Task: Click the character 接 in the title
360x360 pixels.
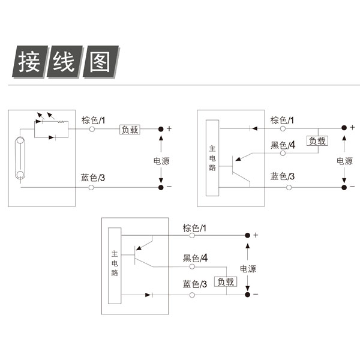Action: tap(29, 62)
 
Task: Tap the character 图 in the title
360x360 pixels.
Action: tap(100, 62)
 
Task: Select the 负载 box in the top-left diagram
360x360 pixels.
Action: tap(130, 130)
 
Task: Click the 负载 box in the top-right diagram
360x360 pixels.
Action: tap(317, 141)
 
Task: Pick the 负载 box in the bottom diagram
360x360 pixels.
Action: tap(226, 281)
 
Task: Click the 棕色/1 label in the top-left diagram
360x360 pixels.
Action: tap(93, 121)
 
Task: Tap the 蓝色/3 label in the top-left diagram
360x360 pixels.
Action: tap(93, 178)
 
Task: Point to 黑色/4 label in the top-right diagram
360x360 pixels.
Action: tap(283, 145)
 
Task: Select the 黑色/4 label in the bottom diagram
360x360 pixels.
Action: tap(195, 258)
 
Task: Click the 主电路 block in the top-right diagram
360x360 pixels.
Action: tap(212, 158)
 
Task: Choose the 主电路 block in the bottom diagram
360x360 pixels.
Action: tap(115, 266)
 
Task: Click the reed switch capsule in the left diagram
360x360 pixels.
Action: tap(20, 158)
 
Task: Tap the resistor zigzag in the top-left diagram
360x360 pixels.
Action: tap(61, 122)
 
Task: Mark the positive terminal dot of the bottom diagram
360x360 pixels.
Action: tap(247, 235)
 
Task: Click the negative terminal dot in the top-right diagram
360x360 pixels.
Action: tap(344, 187)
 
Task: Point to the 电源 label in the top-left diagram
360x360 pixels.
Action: tap(161, 161)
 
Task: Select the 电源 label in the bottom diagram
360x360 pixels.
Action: tap(248, 269)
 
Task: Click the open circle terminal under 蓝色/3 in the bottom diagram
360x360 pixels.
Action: tap(192, 295)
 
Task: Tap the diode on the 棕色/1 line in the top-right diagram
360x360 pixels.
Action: tap(253, 128)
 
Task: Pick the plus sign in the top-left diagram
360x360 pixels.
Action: tap(169, 128)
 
